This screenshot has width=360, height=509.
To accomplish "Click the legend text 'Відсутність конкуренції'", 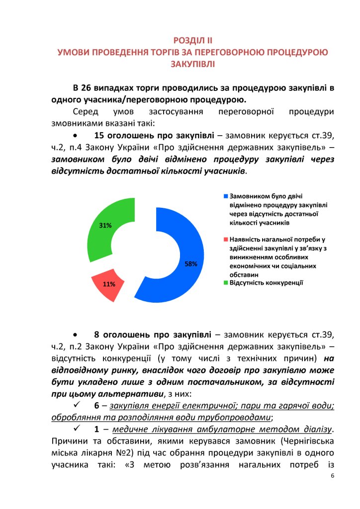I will pos(266,283).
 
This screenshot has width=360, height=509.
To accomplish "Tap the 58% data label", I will pos(191,264).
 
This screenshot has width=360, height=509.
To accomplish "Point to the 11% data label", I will pos(109,284).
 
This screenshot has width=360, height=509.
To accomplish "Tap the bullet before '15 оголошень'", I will pos(75,136).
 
